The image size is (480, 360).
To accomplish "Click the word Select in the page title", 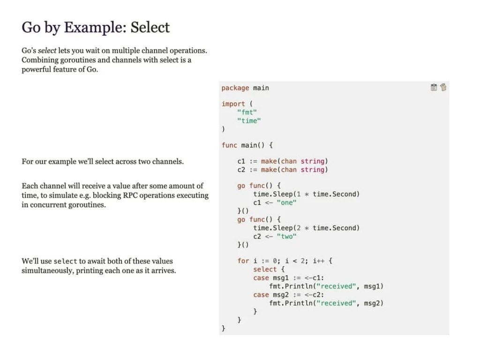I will [150, 27].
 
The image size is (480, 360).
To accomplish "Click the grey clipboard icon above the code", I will [434, 87].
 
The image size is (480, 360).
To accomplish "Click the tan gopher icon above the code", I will [443, 87].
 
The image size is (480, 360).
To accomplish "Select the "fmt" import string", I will [247, 112].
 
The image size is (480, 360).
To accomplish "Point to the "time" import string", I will [249, 121].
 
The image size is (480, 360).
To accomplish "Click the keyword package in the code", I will [235, 88].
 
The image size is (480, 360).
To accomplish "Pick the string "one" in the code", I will [286, 202].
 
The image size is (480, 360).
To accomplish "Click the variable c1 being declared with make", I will [241, 161].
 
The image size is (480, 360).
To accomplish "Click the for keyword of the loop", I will [243, 261].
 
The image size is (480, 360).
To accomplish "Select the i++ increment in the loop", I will [319, 261].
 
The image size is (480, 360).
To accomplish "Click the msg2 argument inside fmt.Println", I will [374, 303].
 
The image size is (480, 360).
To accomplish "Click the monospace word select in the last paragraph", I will [65, 262].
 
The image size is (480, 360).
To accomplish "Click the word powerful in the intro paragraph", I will [37, 70].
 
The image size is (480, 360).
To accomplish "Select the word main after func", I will [249, 145].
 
